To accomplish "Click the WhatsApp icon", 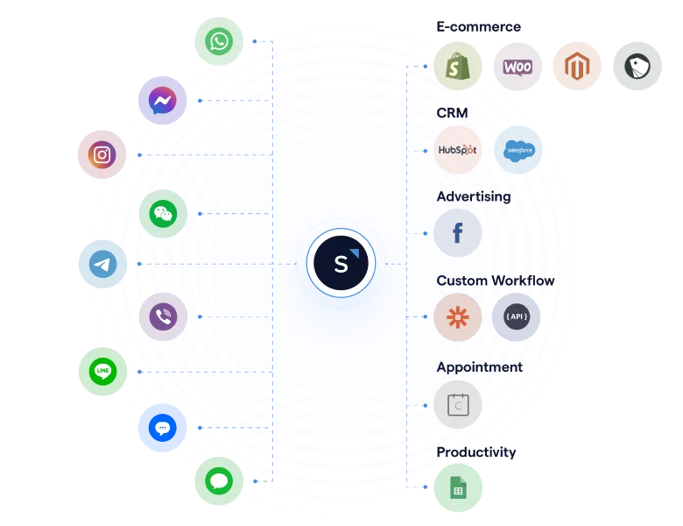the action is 217,40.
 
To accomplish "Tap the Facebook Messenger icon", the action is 163,101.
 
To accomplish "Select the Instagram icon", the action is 102,155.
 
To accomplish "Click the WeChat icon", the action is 163,214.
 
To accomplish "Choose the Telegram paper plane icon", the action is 102,264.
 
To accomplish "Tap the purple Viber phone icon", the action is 163,316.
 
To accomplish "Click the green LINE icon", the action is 102,371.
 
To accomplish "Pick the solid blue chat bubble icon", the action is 163,428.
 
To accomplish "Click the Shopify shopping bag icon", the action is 457,67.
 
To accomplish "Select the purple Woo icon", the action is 518,67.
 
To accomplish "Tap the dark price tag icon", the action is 637,67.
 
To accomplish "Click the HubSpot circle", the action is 457,150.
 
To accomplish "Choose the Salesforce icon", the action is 518,150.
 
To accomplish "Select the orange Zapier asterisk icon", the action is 457,316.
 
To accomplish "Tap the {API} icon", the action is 517,316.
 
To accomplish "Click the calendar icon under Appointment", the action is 457,404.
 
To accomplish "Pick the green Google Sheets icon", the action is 457,487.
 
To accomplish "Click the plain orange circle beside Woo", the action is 577,67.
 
